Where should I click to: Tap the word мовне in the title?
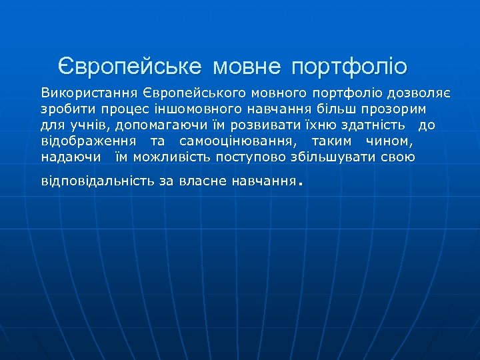coord(248,67)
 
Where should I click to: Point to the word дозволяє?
coord(420,92)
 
